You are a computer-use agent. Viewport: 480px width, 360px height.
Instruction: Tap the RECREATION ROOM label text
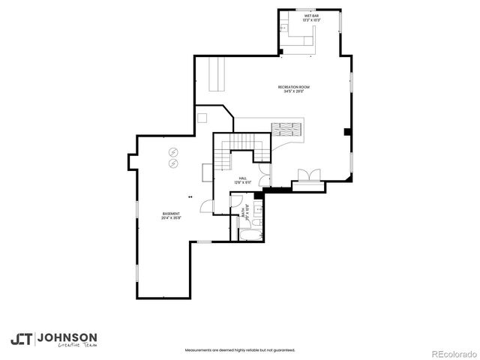[293, 87]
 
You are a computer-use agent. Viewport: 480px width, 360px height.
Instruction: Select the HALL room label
[242, 178]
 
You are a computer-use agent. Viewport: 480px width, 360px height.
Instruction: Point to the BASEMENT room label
[170, 214]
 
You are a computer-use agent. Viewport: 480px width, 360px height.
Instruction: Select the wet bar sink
[286, 28]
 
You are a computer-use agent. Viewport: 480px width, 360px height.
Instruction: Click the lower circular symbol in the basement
[173, 162]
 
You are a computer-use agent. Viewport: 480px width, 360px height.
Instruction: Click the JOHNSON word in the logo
[68, 337]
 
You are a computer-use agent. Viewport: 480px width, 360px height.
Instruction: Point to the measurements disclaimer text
[239, 349]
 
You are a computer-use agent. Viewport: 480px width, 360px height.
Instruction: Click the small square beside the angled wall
[202, 118]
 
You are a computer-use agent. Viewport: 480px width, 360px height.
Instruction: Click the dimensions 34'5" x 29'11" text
[293, 92]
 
